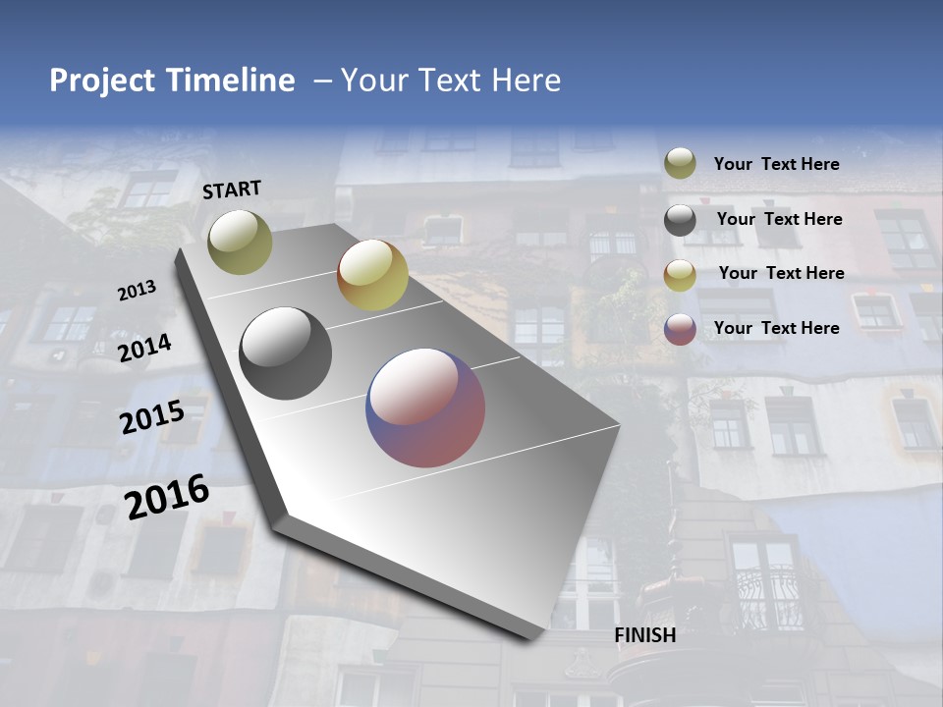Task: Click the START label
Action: pyautogui.click(x=232, y=190)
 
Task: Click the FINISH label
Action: pyautogui.click(x=645, y=635)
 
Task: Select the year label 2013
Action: pyautogui.click(x=137, y=291)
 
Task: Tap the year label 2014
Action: pyautogui.click(x=144, y=348)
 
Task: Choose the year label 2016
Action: pyautogui.click(x=167, y=497)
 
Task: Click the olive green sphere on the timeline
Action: pyautogui.click(x=240, y=242)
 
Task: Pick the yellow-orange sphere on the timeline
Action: pyautogui.click(x=372, y=276)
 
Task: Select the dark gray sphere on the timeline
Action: pyautogui.click(x=285, y=353)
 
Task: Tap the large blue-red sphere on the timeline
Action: pyautogui.click(x=425, y=408)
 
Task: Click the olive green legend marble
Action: pyautogui.click(x=680, y=163)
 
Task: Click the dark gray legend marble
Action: pyautogui.click(x=680, y=220)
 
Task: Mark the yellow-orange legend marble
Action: pyautogui.click(x=680, y=275)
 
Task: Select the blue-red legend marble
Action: pyautogui.click(x=680, y=329)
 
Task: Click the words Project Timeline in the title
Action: pyautogui.click(x=172, y=81)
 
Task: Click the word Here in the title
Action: pyautogui.click(x=526, y=81)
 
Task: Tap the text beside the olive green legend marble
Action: pyautogui.click(x=776, y=164)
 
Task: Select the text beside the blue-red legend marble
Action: pyautogui.click(x=776, y=328)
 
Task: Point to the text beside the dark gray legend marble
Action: pyautogui.click(x=779, y=219)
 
